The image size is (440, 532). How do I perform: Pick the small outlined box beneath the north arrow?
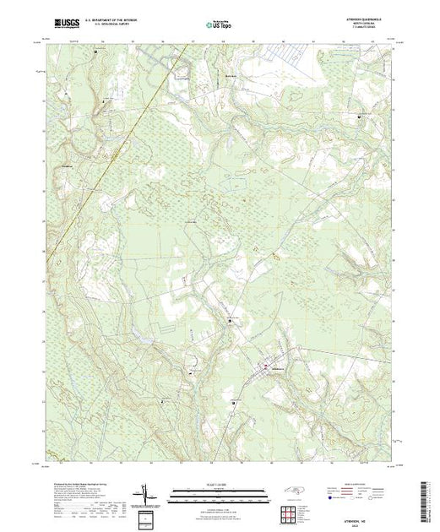149,516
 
